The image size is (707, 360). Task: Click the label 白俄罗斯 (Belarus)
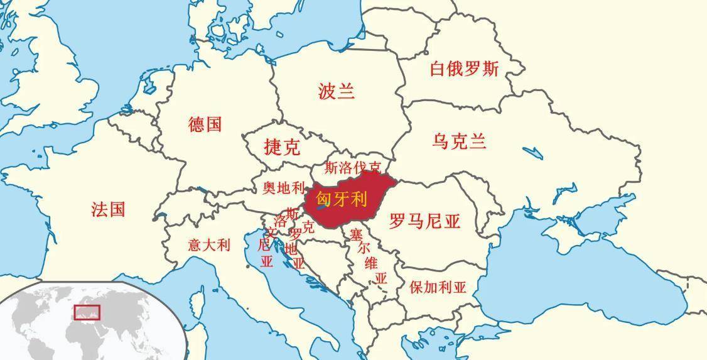(x=463, y=68)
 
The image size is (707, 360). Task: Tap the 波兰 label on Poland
(x=337, y=92)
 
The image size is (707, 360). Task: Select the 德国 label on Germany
(x=205, y=124)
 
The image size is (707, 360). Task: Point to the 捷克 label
(x=282, y=148)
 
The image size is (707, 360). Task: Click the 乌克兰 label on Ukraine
(x=459, y=141)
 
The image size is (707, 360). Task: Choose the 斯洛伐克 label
(x=353, y=168)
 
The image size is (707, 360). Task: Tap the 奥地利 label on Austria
(x=283, y=187)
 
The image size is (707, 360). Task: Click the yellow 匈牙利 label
(x=341, y=199)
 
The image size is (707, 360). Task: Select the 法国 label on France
(x=108, y=209)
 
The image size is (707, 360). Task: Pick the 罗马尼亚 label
(x=424, y=221)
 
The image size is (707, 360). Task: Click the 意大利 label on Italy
(x=209, y=245)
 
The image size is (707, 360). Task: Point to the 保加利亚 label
(x=438, y=288)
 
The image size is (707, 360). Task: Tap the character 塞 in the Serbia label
(x=356, y=236)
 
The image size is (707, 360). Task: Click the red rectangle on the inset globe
(x=87, y=312)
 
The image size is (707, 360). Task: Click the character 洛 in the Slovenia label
(x=280, y=222)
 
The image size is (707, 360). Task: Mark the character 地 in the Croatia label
(x=291, y=249)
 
